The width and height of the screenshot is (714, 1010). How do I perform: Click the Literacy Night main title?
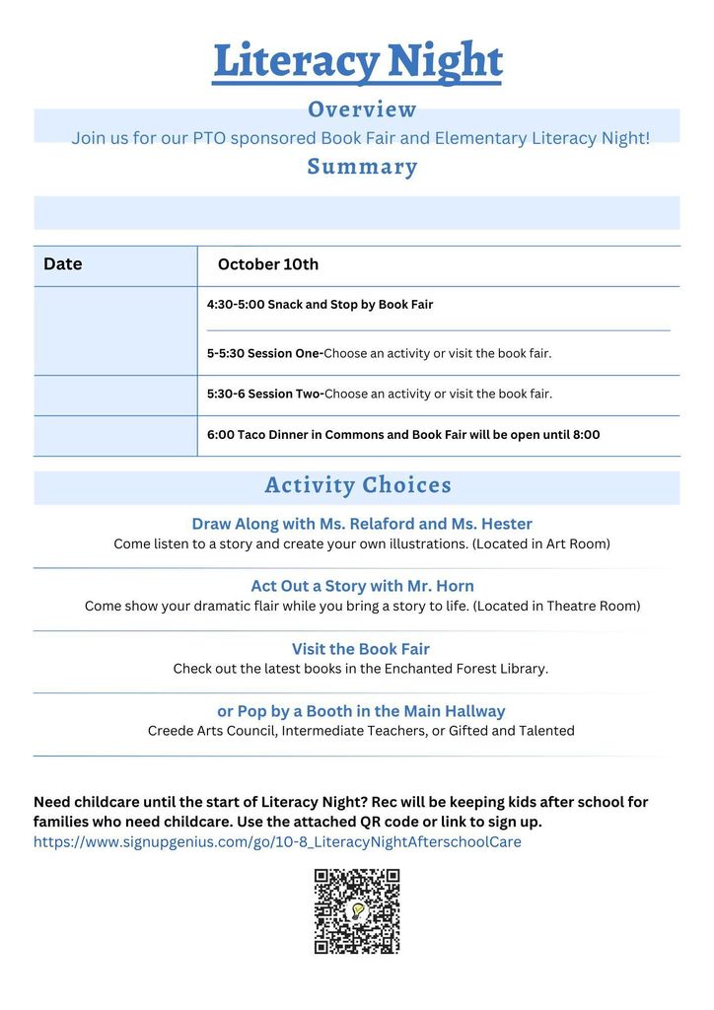click(357, 61)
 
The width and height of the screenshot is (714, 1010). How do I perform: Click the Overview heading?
click(362, 109)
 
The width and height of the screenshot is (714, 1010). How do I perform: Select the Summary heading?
click(362, 167)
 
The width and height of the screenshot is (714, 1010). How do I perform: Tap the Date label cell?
click(63, 264)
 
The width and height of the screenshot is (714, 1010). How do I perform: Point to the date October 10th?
click(268, 264)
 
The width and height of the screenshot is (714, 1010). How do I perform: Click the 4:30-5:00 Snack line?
click(320, 305)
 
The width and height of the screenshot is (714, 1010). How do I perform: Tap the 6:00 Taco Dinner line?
click(402, 435)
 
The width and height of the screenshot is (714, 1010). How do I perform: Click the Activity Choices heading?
click(358, 485)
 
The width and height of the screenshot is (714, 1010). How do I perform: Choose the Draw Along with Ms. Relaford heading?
click(362, 524)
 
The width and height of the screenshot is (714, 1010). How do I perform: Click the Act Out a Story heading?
click(362, 586)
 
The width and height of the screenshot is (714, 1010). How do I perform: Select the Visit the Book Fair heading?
click(361, 649)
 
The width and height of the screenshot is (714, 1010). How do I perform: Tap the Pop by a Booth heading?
click(361, 711)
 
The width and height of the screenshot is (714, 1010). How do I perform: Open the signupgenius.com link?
click(277, 842)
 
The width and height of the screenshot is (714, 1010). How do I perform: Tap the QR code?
click(357, 911)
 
